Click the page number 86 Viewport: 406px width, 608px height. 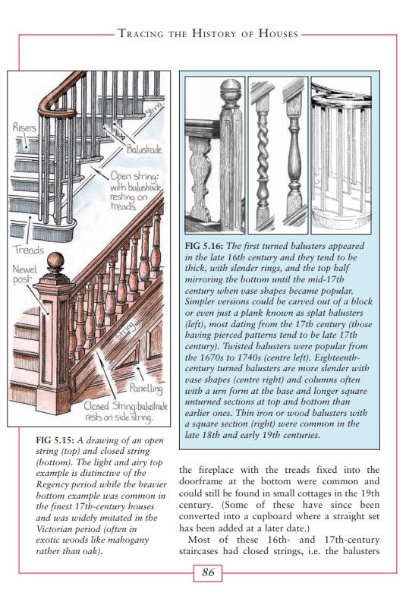[x=208, y=572]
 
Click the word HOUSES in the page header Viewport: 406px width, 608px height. [x=279, y=33]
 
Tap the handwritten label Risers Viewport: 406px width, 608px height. [x=24, y=128]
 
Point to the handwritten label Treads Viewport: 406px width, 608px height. [x=28, y=250]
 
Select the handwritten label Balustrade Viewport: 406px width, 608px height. [x=144, y=150]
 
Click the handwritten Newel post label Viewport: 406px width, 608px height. [x=24, y=274]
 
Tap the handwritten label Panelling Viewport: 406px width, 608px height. [x=146, y=388]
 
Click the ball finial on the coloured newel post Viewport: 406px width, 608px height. [x=56, y=261]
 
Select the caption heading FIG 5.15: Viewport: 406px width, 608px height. [x=55, y=440]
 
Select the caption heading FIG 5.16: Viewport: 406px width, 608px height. [x=204, y=246]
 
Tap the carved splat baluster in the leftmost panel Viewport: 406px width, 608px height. [x=200, y=179]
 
